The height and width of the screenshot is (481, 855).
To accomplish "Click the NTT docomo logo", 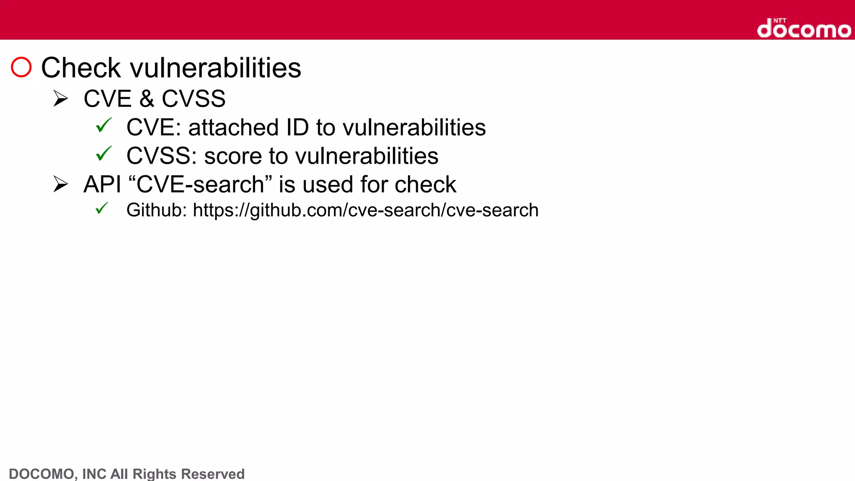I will click(804, 28).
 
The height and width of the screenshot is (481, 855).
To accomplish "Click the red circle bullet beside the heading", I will click(21, 67).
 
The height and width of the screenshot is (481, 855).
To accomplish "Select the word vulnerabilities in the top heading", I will click(215, 68).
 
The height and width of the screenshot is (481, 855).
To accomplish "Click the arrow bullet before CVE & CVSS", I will click(61, 99).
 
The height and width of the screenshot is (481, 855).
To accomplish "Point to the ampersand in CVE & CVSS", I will click(147, 99).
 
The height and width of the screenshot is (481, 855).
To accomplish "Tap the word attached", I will click(233, 127).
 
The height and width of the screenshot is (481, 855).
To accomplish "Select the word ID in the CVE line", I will click(297, 127).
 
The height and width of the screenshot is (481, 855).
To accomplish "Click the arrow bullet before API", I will click(61, 184).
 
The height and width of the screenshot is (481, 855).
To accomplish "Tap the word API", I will click(102, 185).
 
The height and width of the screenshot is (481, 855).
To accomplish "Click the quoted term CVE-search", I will click(200, 185).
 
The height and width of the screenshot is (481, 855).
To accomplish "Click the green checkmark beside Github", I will click(102, 208).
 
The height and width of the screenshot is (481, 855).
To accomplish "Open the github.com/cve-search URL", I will click(365, 210).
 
